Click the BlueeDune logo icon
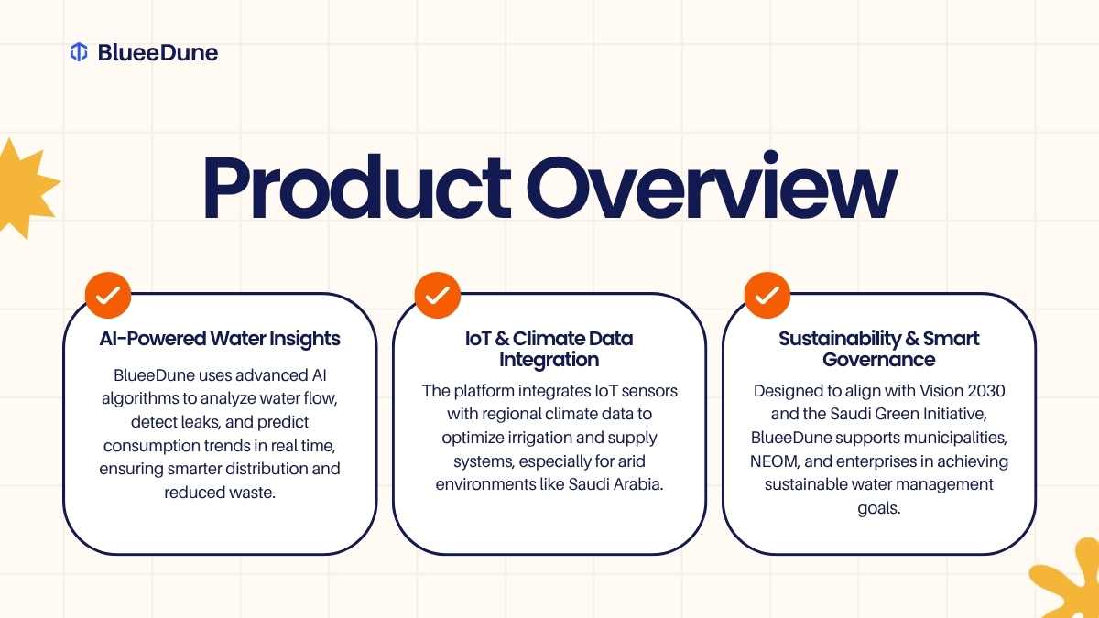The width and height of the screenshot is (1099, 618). coord(79,52)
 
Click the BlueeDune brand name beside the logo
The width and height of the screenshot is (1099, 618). coord(158,52)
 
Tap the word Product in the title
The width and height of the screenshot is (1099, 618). coord(357,187)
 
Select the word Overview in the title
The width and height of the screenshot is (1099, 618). coord(712,185)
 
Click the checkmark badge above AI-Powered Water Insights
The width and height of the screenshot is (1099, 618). coord(108,295)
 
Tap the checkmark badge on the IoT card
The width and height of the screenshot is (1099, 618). coord(438,295)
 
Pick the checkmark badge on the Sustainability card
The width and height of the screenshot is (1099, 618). coord(767,295)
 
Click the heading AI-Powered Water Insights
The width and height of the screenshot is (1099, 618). coord(220,339)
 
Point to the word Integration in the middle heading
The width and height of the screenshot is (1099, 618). coord(549,360)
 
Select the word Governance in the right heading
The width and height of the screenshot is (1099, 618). coord(878,360)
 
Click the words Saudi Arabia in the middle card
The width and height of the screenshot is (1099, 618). coord(615,484)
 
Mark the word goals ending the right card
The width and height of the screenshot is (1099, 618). coord(878,509)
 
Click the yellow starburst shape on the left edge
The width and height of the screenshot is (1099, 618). coord(25,189)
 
